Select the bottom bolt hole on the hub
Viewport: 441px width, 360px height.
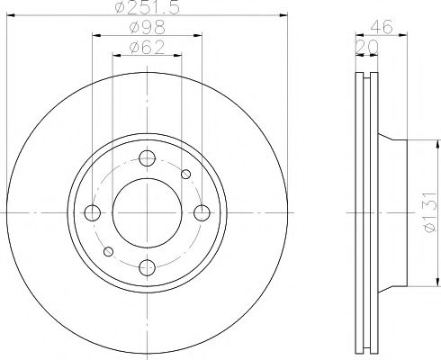pos(147,266)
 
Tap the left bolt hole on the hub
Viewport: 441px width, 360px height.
pos(93,212)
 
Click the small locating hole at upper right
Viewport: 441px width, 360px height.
pos(186,175)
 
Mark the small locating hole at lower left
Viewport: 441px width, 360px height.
pos(108,251)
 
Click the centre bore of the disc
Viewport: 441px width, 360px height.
pos(147,212)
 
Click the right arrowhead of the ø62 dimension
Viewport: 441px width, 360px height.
pos(179,55)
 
